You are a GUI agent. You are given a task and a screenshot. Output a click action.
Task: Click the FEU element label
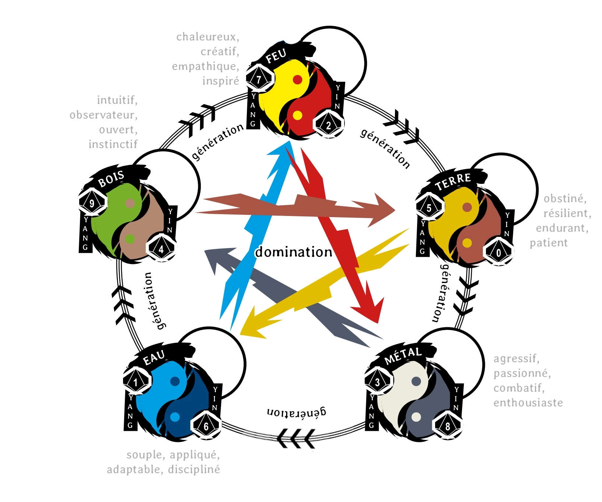pyautogui.click(x=276, y=56)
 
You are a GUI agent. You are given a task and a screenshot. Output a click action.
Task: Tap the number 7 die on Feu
pyautogui.click(x=259, y=79)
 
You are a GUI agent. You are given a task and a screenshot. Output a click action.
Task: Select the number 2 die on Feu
pyautogui.click(x=328, y=125)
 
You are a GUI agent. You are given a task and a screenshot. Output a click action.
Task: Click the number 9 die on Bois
pyautogui.click(x=92, y=203)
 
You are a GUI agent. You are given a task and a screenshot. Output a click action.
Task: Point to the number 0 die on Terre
pyautogui.click(x=498, y=252)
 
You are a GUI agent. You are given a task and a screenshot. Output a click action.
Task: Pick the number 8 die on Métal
pyautogui.click(x=448, y=426)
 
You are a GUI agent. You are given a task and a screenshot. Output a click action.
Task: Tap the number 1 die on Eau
pyautogui.click(x=136, y=382)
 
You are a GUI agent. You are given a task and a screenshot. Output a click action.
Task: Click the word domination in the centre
pyautogui.click(x=294, y=252)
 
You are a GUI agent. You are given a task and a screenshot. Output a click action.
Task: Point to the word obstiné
pyautogui.click(x=565, y=199)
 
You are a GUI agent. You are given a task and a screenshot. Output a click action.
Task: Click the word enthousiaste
pyautogui.click(x=528, y=402)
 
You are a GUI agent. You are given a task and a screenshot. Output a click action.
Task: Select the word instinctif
pyautogui.click(x=113, y=144)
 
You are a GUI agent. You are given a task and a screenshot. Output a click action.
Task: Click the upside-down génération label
pyautogui.click(x=297, y=412)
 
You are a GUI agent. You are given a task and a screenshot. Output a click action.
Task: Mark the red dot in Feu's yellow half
pyautogui.click(x=298, y=80)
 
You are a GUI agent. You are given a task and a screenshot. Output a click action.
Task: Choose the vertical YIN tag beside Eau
pyautogui.click(x=215, y=398)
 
